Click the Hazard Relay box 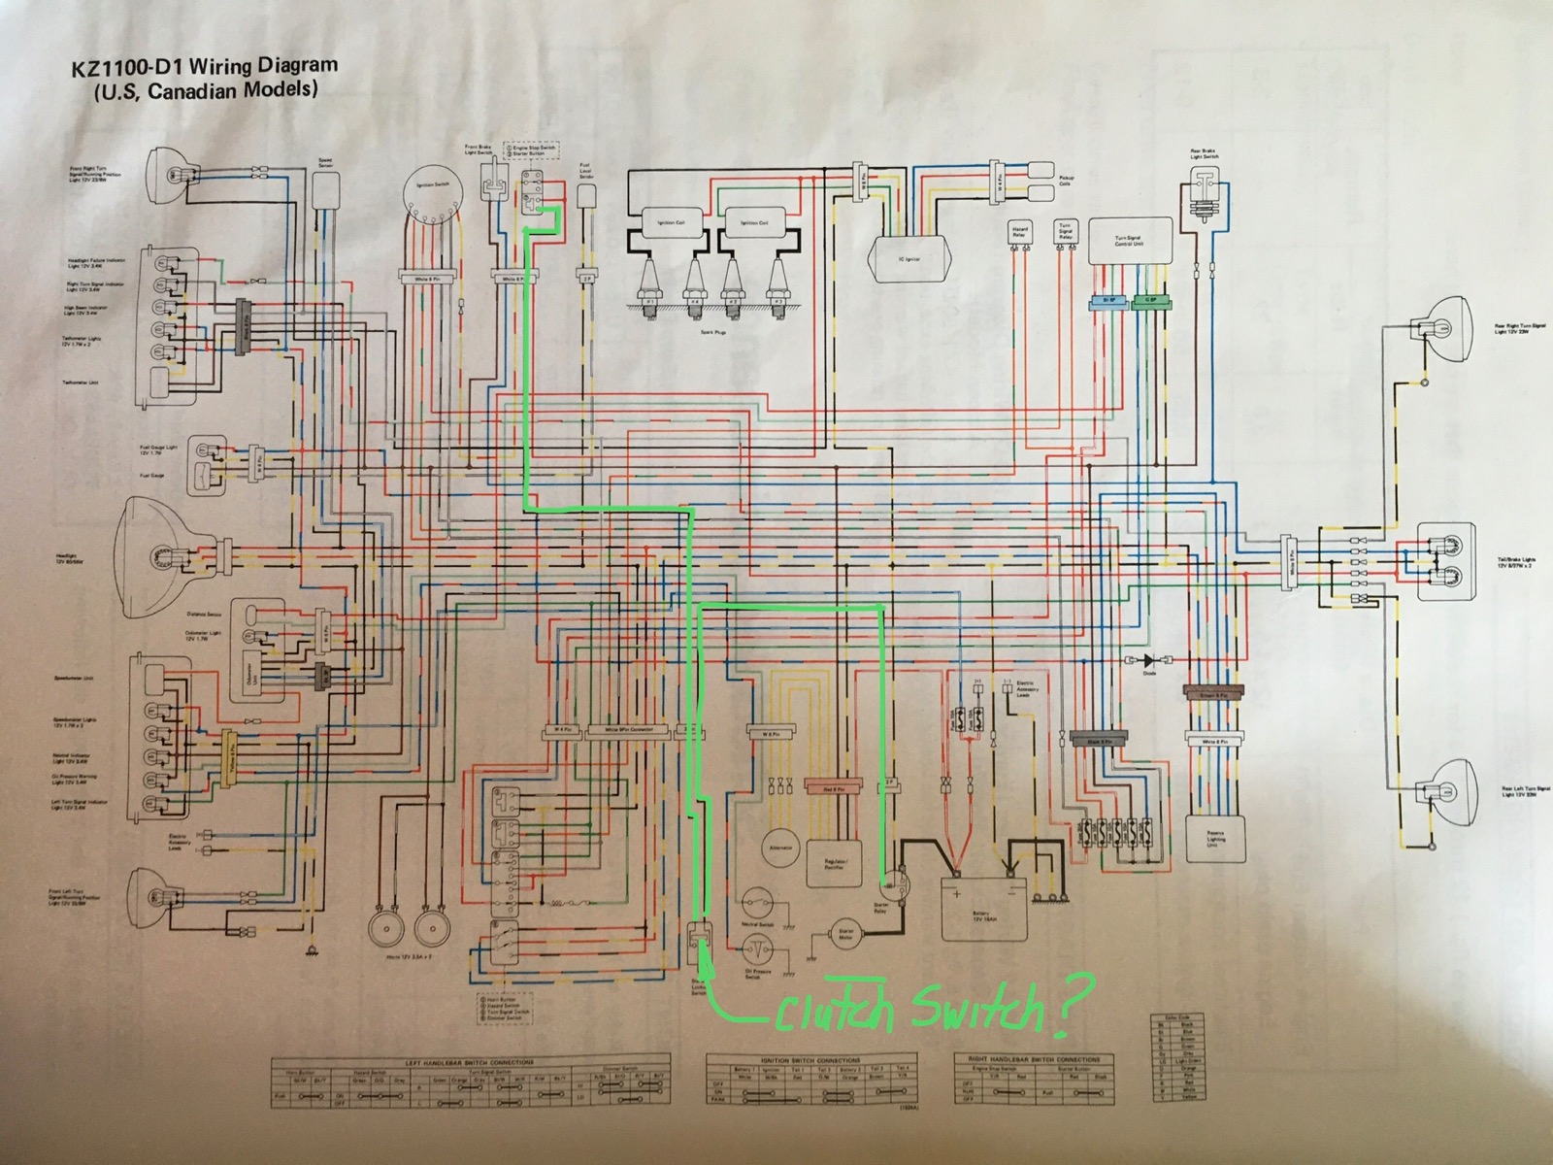(x=1019, y=233)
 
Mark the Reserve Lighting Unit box (x=1215, y=837)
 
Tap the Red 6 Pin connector (x=835, y=784)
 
